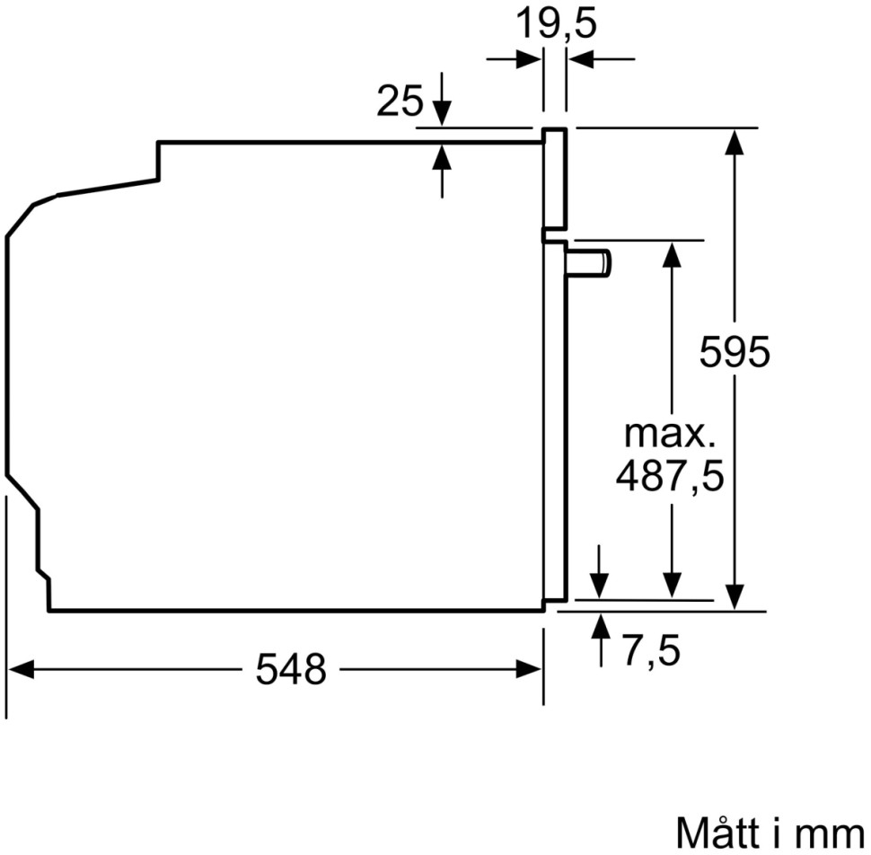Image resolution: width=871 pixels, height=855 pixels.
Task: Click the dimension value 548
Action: [291, 669]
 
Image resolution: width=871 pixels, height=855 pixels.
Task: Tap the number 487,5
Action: [669, 476]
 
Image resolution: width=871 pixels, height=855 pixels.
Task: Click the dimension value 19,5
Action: [555, 25]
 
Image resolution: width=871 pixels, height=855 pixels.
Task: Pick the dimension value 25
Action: [400, 102]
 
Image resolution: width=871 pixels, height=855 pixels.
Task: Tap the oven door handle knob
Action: [589, 263]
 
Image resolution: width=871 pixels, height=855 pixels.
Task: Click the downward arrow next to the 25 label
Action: [441, 113]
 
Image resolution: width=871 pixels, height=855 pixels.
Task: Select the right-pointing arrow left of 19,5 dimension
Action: [529, 59]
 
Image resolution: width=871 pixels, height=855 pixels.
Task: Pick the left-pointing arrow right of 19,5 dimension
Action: [580, 59]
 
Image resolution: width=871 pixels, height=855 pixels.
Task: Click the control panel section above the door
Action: [555, 180]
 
